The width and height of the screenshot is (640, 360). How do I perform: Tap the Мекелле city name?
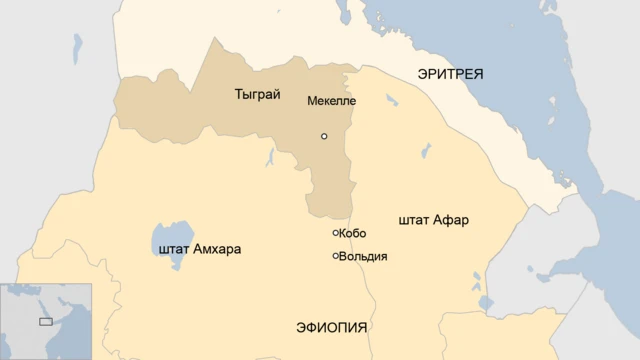click(331, 101)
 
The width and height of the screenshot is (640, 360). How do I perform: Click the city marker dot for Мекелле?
click(323, 136)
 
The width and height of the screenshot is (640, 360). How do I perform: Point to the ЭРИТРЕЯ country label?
click(449, 74)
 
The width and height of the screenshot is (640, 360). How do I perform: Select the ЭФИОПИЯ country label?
click(332, 328)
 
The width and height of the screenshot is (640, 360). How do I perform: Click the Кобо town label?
click(353, 233)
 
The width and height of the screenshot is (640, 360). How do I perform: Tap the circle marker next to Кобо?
click(336, 233)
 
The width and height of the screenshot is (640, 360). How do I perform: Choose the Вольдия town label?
click(363, 256)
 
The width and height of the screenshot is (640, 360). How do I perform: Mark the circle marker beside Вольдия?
click(336, 256)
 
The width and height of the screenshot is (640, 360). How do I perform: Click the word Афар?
click(451, 219)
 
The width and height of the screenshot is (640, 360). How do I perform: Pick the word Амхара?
click(217, 249)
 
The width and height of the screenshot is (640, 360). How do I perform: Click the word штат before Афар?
click(414, 219)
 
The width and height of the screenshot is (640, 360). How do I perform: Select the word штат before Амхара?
click(174, 249)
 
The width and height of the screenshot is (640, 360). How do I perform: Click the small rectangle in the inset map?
click(45, 321)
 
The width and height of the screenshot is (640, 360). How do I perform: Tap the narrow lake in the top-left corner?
click(77, 48)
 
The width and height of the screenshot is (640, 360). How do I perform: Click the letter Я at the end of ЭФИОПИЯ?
click(362, 328)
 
